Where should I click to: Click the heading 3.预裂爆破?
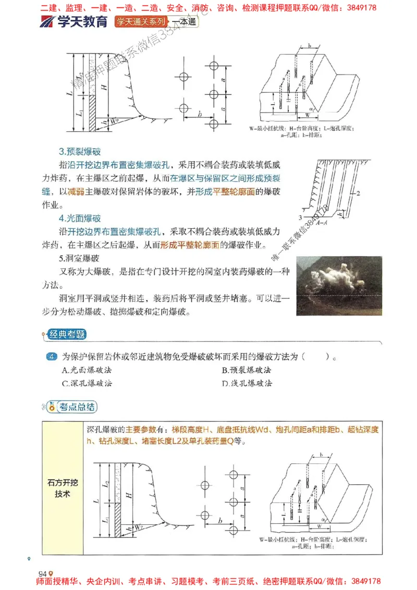click(80, 152)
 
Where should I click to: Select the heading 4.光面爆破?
click(80, 218)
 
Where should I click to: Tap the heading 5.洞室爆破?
click(78, 258)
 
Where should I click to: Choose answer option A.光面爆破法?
click(87, 370)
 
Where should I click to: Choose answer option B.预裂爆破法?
click(247, 370)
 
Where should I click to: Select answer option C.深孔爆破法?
click(87, 383)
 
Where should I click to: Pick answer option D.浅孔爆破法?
click(247, 383)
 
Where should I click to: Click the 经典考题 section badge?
click(66, 335)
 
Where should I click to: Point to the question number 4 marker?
click(51, 357)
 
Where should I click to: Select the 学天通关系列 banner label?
click(142, 22)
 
